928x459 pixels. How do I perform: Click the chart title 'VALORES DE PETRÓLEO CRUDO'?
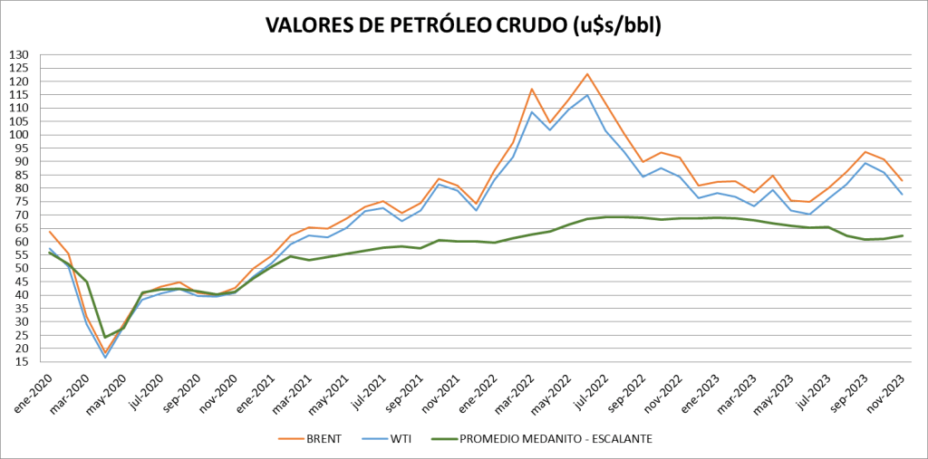[x=463, y=24]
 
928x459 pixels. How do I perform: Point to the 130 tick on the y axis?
[x=19, y=55]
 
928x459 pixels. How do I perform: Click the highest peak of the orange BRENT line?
[x=587, y=74]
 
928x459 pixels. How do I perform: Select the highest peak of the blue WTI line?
[x=587, y=95]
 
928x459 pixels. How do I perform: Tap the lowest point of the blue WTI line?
[x=105, y=358]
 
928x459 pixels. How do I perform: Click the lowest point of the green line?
[x=105, y=338]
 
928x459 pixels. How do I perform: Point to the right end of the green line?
[x=903, y=235]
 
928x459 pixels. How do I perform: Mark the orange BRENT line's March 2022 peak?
[x=532, y=89]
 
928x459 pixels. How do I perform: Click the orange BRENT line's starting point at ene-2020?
[x=50, y=232]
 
